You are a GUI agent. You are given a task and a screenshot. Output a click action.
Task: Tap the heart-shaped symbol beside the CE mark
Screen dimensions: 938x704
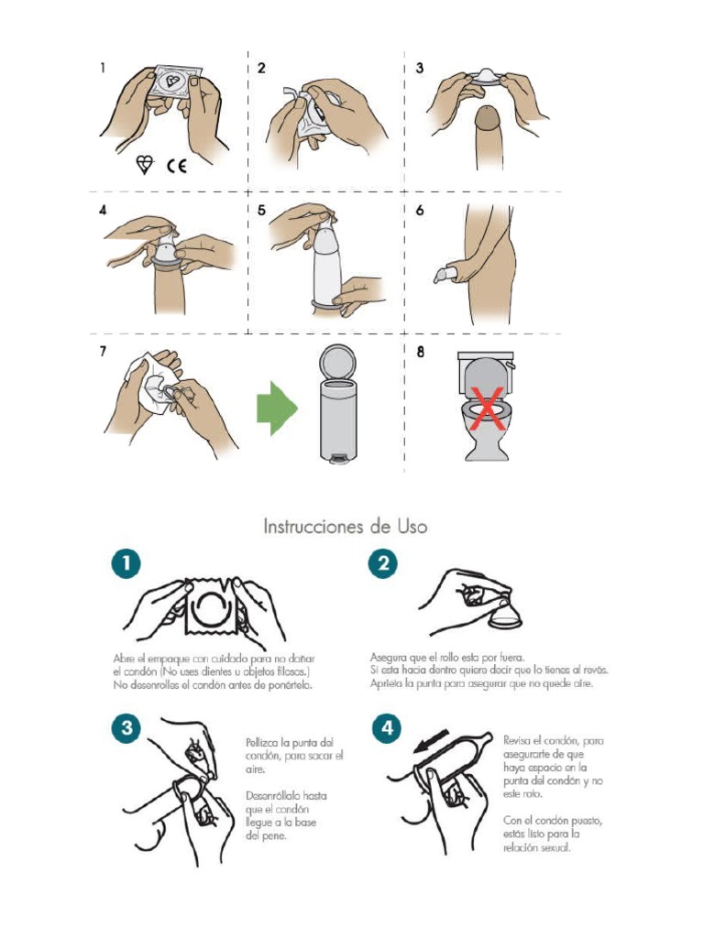(x=145, y=165)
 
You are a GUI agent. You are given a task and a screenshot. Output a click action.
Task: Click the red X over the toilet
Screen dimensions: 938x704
(x=487, y=409)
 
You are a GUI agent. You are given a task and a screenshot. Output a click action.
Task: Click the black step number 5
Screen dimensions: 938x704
(x=261, y=211)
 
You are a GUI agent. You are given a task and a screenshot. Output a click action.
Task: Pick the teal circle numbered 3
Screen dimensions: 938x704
(x=125, y=728)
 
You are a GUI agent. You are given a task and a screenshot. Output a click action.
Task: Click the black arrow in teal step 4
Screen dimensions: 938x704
(x=434, y=739)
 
